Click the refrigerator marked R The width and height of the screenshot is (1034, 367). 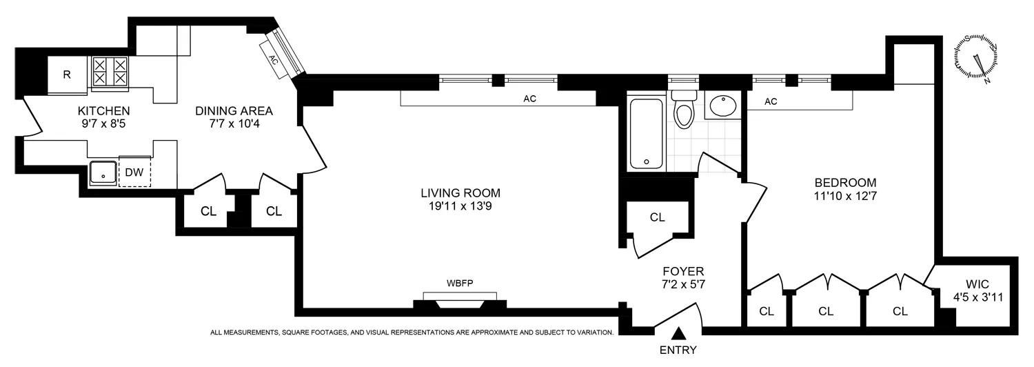(67, 74)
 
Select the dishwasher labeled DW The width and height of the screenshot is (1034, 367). (134, 172)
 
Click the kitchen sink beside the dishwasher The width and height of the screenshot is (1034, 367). (103, 172)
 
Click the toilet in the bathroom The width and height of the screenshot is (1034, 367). (683, 112)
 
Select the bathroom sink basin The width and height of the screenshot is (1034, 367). (722, 106)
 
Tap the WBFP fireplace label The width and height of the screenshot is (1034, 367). (460, 283)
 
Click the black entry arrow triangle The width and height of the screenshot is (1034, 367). (679, 333)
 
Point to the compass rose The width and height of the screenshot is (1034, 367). (975, 59)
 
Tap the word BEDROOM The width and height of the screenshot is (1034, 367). (845, 183)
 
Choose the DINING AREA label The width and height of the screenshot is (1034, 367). (234, 110)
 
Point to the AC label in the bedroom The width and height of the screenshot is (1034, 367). (771, 101)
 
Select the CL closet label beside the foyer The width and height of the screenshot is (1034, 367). (657, 217)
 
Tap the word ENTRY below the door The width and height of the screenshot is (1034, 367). (678, 350)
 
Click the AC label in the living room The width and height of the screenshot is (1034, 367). (529, 99)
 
